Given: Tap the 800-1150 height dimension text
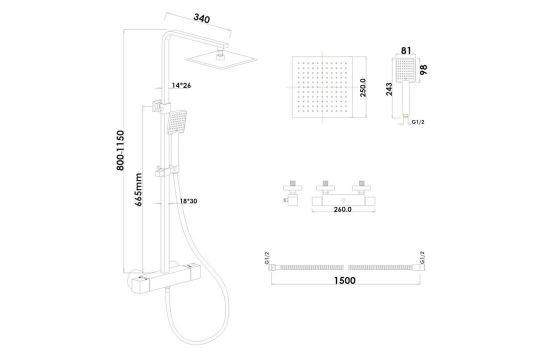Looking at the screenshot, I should (x=120, y=150).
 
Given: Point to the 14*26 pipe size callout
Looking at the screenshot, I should (x=181, y=85).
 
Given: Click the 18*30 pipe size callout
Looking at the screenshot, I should (x=188, y=201).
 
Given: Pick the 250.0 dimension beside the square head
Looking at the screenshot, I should (x=363, y=87).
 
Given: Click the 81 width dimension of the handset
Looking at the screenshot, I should (x=406, y=50).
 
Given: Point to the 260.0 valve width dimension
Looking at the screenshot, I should (x=343, y=209).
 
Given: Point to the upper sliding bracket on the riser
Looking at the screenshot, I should (x=157, y=106).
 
